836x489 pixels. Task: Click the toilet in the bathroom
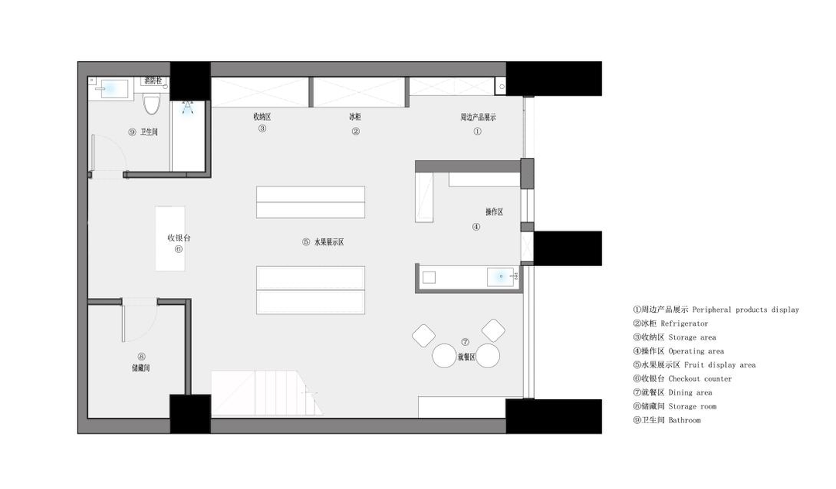click(152, 104)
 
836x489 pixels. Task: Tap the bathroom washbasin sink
click(111, 89)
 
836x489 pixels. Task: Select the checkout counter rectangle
click(170, 238)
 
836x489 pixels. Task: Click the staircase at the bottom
click(266, 393)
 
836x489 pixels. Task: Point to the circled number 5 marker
click(306, 242)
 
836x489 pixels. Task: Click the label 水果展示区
click(329, 242)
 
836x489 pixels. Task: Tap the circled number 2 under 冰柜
click(355, 131)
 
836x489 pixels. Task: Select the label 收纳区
click(262, 117)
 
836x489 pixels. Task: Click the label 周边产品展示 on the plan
click(478, 117)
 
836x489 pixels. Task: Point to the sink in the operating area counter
click(500, 277)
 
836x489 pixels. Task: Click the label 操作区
click(494, 212)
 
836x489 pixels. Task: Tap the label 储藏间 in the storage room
click(141, 368)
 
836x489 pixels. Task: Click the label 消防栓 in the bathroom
click(153, 81)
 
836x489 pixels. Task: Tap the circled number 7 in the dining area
click(465, 342)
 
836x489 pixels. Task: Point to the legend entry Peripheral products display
click(716, 309)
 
